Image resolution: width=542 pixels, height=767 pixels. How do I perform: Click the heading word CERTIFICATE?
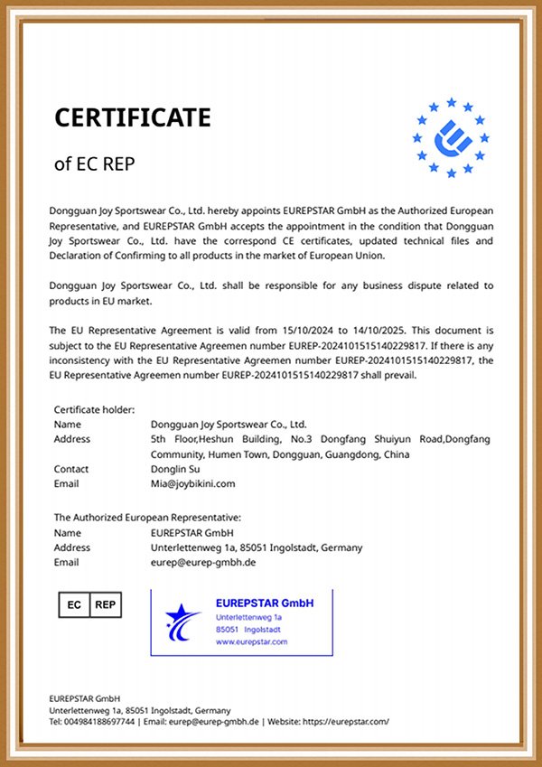tap(133, 117)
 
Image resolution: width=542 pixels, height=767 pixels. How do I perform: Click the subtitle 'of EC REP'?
tap(95, 164)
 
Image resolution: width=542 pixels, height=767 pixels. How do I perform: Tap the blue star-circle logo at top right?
tap(451, 137)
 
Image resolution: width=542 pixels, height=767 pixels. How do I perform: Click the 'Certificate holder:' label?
tap(94, 409)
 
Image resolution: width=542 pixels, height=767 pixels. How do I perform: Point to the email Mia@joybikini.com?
tap(193, 483)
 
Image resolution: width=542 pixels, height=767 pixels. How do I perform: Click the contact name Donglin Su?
tap(176, 469)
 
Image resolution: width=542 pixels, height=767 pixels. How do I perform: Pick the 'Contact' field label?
tap(71, 469)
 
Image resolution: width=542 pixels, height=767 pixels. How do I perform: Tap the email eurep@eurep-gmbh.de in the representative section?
tap(203, 562)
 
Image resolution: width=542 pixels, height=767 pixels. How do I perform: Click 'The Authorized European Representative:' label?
tap(147, 517)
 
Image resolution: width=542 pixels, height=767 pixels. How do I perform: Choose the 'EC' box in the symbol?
tap(75, 604)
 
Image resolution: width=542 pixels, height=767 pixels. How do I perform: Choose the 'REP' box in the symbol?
tap(106, 604)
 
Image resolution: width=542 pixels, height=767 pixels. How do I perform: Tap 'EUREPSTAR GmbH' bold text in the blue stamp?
tap(265, 603)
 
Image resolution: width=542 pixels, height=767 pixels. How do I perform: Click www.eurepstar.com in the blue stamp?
tap(251, 641)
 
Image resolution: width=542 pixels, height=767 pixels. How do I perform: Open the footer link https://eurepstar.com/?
tap(347, 721)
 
